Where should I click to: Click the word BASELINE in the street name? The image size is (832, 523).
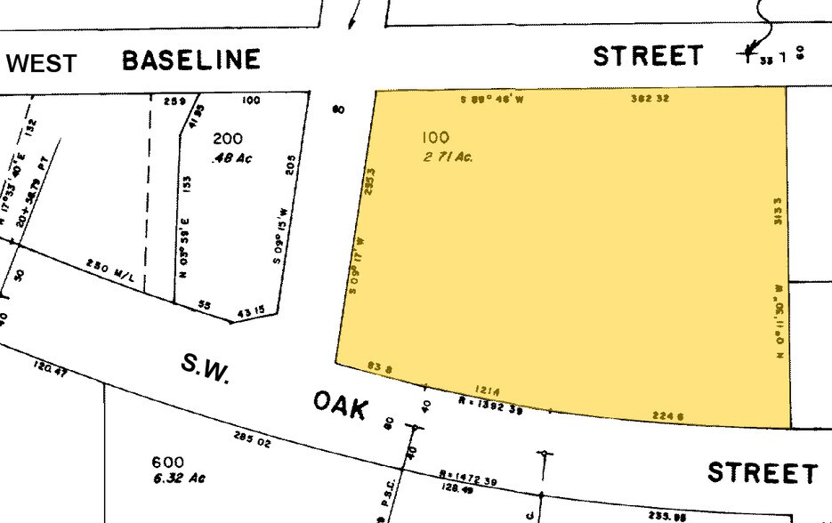tap(191, 60)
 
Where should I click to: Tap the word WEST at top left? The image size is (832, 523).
tap(42, 64)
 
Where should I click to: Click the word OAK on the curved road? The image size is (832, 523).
tap(341, 406)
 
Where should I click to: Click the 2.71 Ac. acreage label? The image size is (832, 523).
tap(448, 157)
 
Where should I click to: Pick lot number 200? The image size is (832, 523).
tap(227, 139)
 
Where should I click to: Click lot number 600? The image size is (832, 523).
tap(167, 462)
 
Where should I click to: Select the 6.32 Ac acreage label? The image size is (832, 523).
tap(179, 479)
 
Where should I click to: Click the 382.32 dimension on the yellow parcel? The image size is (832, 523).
tap(650, 99)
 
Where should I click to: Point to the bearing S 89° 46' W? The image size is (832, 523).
tap(492, 99)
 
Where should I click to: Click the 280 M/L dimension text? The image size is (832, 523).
tap(110, 270)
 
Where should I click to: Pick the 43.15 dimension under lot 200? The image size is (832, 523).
tap(252, 310)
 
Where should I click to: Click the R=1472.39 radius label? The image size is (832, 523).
tap(468, 479)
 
